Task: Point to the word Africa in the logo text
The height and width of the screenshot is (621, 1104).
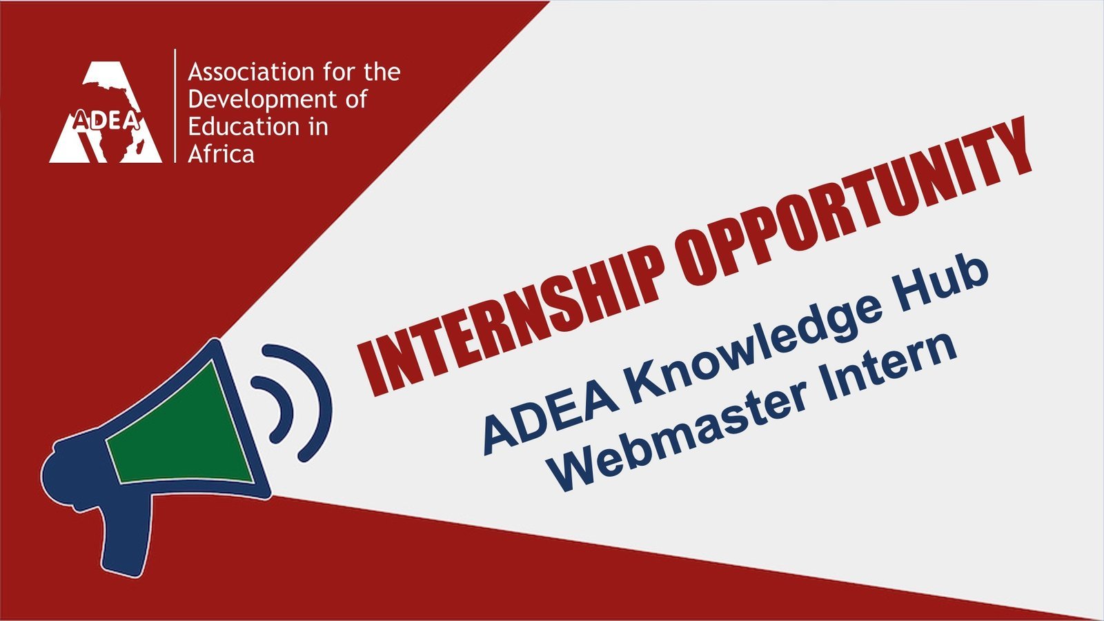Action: pyautogui.click(x=221, y=155)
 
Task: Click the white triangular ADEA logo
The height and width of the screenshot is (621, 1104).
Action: pyautogui.click(x=106, y=112)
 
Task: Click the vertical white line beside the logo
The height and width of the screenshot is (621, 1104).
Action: pyautogui.click(x=175, y=106)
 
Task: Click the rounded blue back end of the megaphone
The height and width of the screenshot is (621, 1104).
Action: pyautogui.click(x=74, y=473)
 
